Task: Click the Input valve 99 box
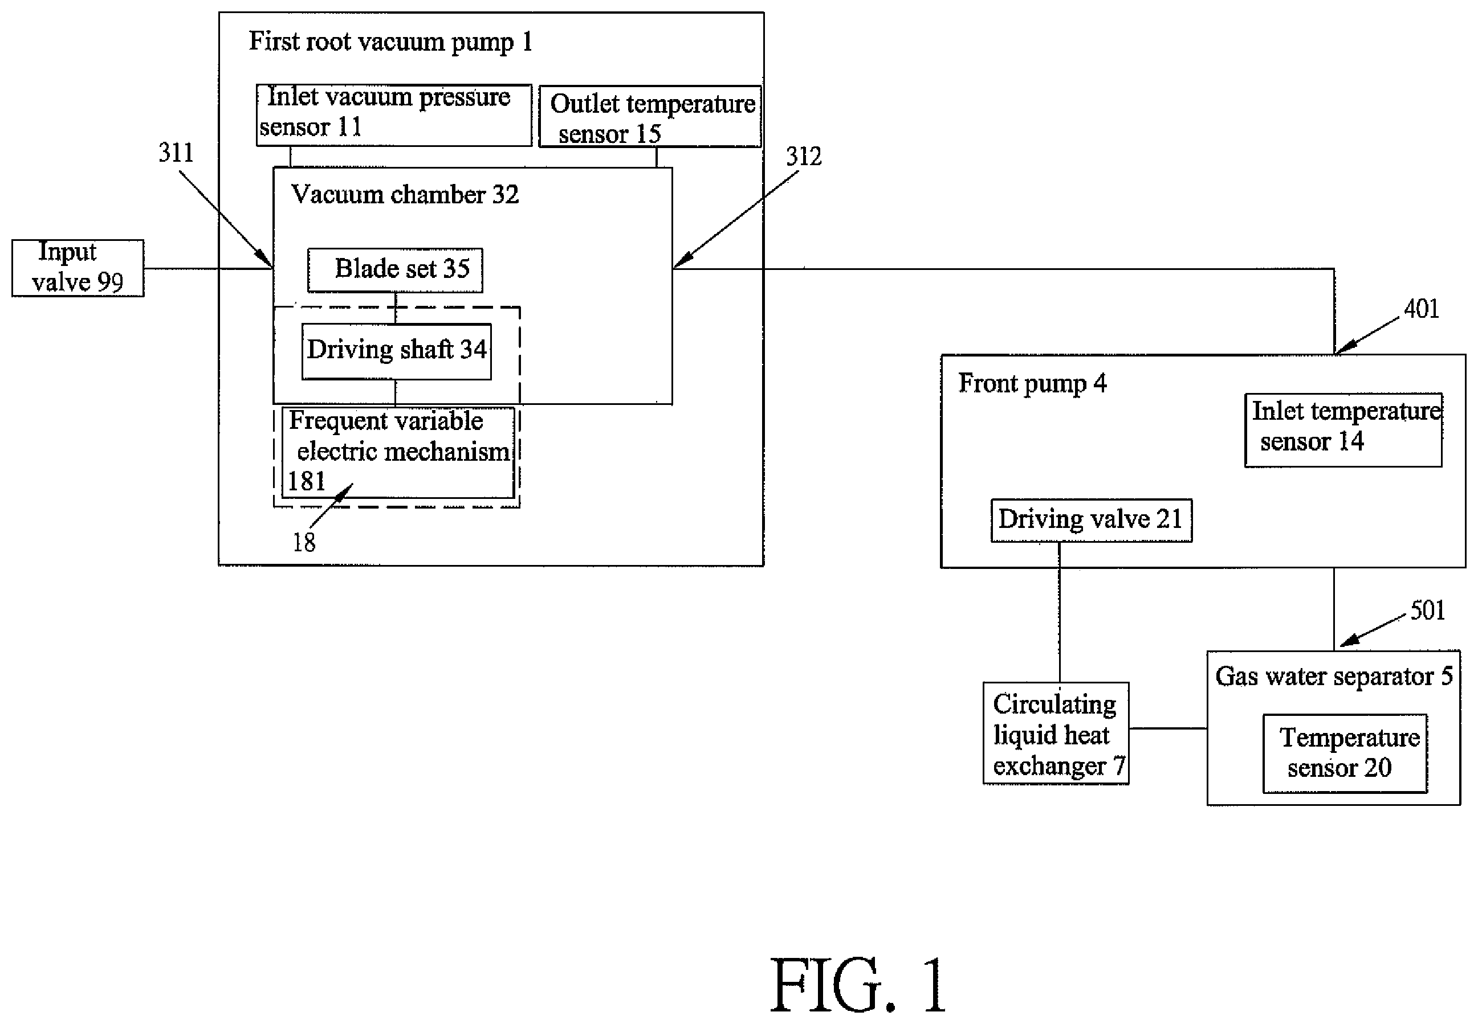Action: tap(78, 268)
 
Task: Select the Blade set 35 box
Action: tap(395, 270)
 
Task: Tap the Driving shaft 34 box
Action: tap(397, 351)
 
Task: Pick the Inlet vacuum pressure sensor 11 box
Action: tap(394, 116)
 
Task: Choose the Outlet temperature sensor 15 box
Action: tap(650, 117)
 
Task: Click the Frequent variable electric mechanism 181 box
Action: tap(398, 453)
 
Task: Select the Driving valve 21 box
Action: tap(1092, 521)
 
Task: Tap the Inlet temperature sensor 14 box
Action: tap(1343, 430)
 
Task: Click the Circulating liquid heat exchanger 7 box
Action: tap(1056, 734)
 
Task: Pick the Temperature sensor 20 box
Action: tap(1345, 753)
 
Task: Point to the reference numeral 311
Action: tap(176, 153)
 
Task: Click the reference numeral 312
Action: tap(804, 157)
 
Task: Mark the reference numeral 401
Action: tap(1422, 309)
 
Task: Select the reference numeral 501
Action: tap(1427, 610)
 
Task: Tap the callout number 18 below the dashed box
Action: tap(304, 543)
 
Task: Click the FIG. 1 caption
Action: tap(858, 985)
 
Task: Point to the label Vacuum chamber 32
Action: tap(405, 194)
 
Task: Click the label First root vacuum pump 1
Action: tap(391, 42)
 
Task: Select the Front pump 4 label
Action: tap(1032, 384)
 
